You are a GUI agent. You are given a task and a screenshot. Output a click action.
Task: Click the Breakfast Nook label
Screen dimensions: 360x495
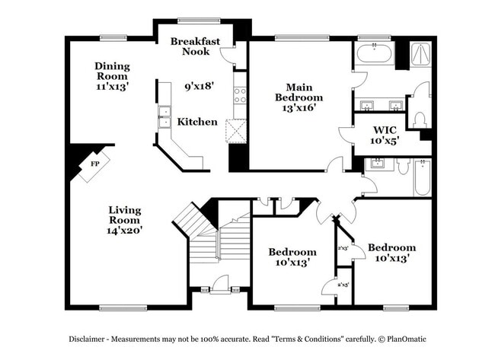click(x=196, y=46)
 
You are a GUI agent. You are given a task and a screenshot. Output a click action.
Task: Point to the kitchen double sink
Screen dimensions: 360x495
click(x=164, y=117)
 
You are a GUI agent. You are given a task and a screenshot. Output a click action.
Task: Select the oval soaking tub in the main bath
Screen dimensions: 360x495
click(x=375, y=54)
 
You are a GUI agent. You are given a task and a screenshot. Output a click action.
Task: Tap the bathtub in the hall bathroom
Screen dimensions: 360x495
click(x=422, y=177)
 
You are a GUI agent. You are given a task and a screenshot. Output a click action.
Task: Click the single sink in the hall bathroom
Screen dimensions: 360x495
click(x=378, y=164)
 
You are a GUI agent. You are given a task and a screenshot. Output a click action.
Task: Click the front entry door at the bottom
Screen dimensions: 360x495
click(x=221, y=287)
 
